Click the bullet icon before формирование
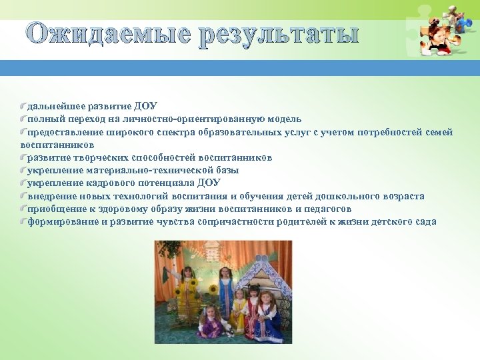pos(23,221)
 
